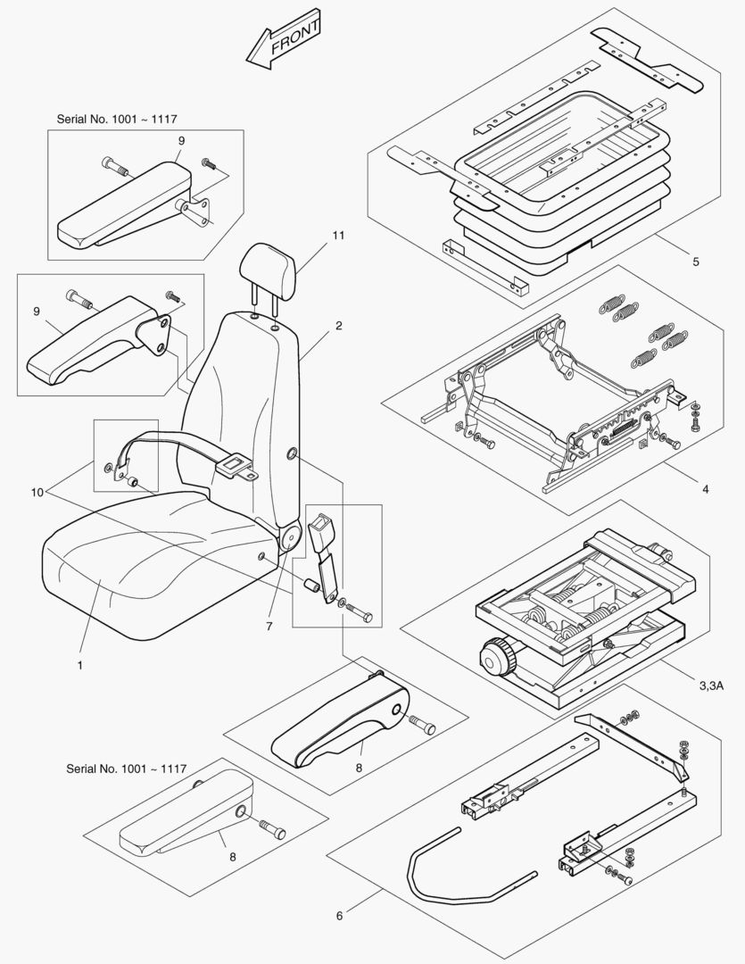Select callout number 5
(695, 262)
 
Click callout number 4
(705, 489)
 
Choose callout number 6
(340, 915)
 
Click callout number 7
(269, 627)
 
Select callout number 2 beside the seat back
(339, 326)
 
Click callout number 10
(37, 491)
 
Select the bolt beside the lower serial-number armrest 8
(270, 830)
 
